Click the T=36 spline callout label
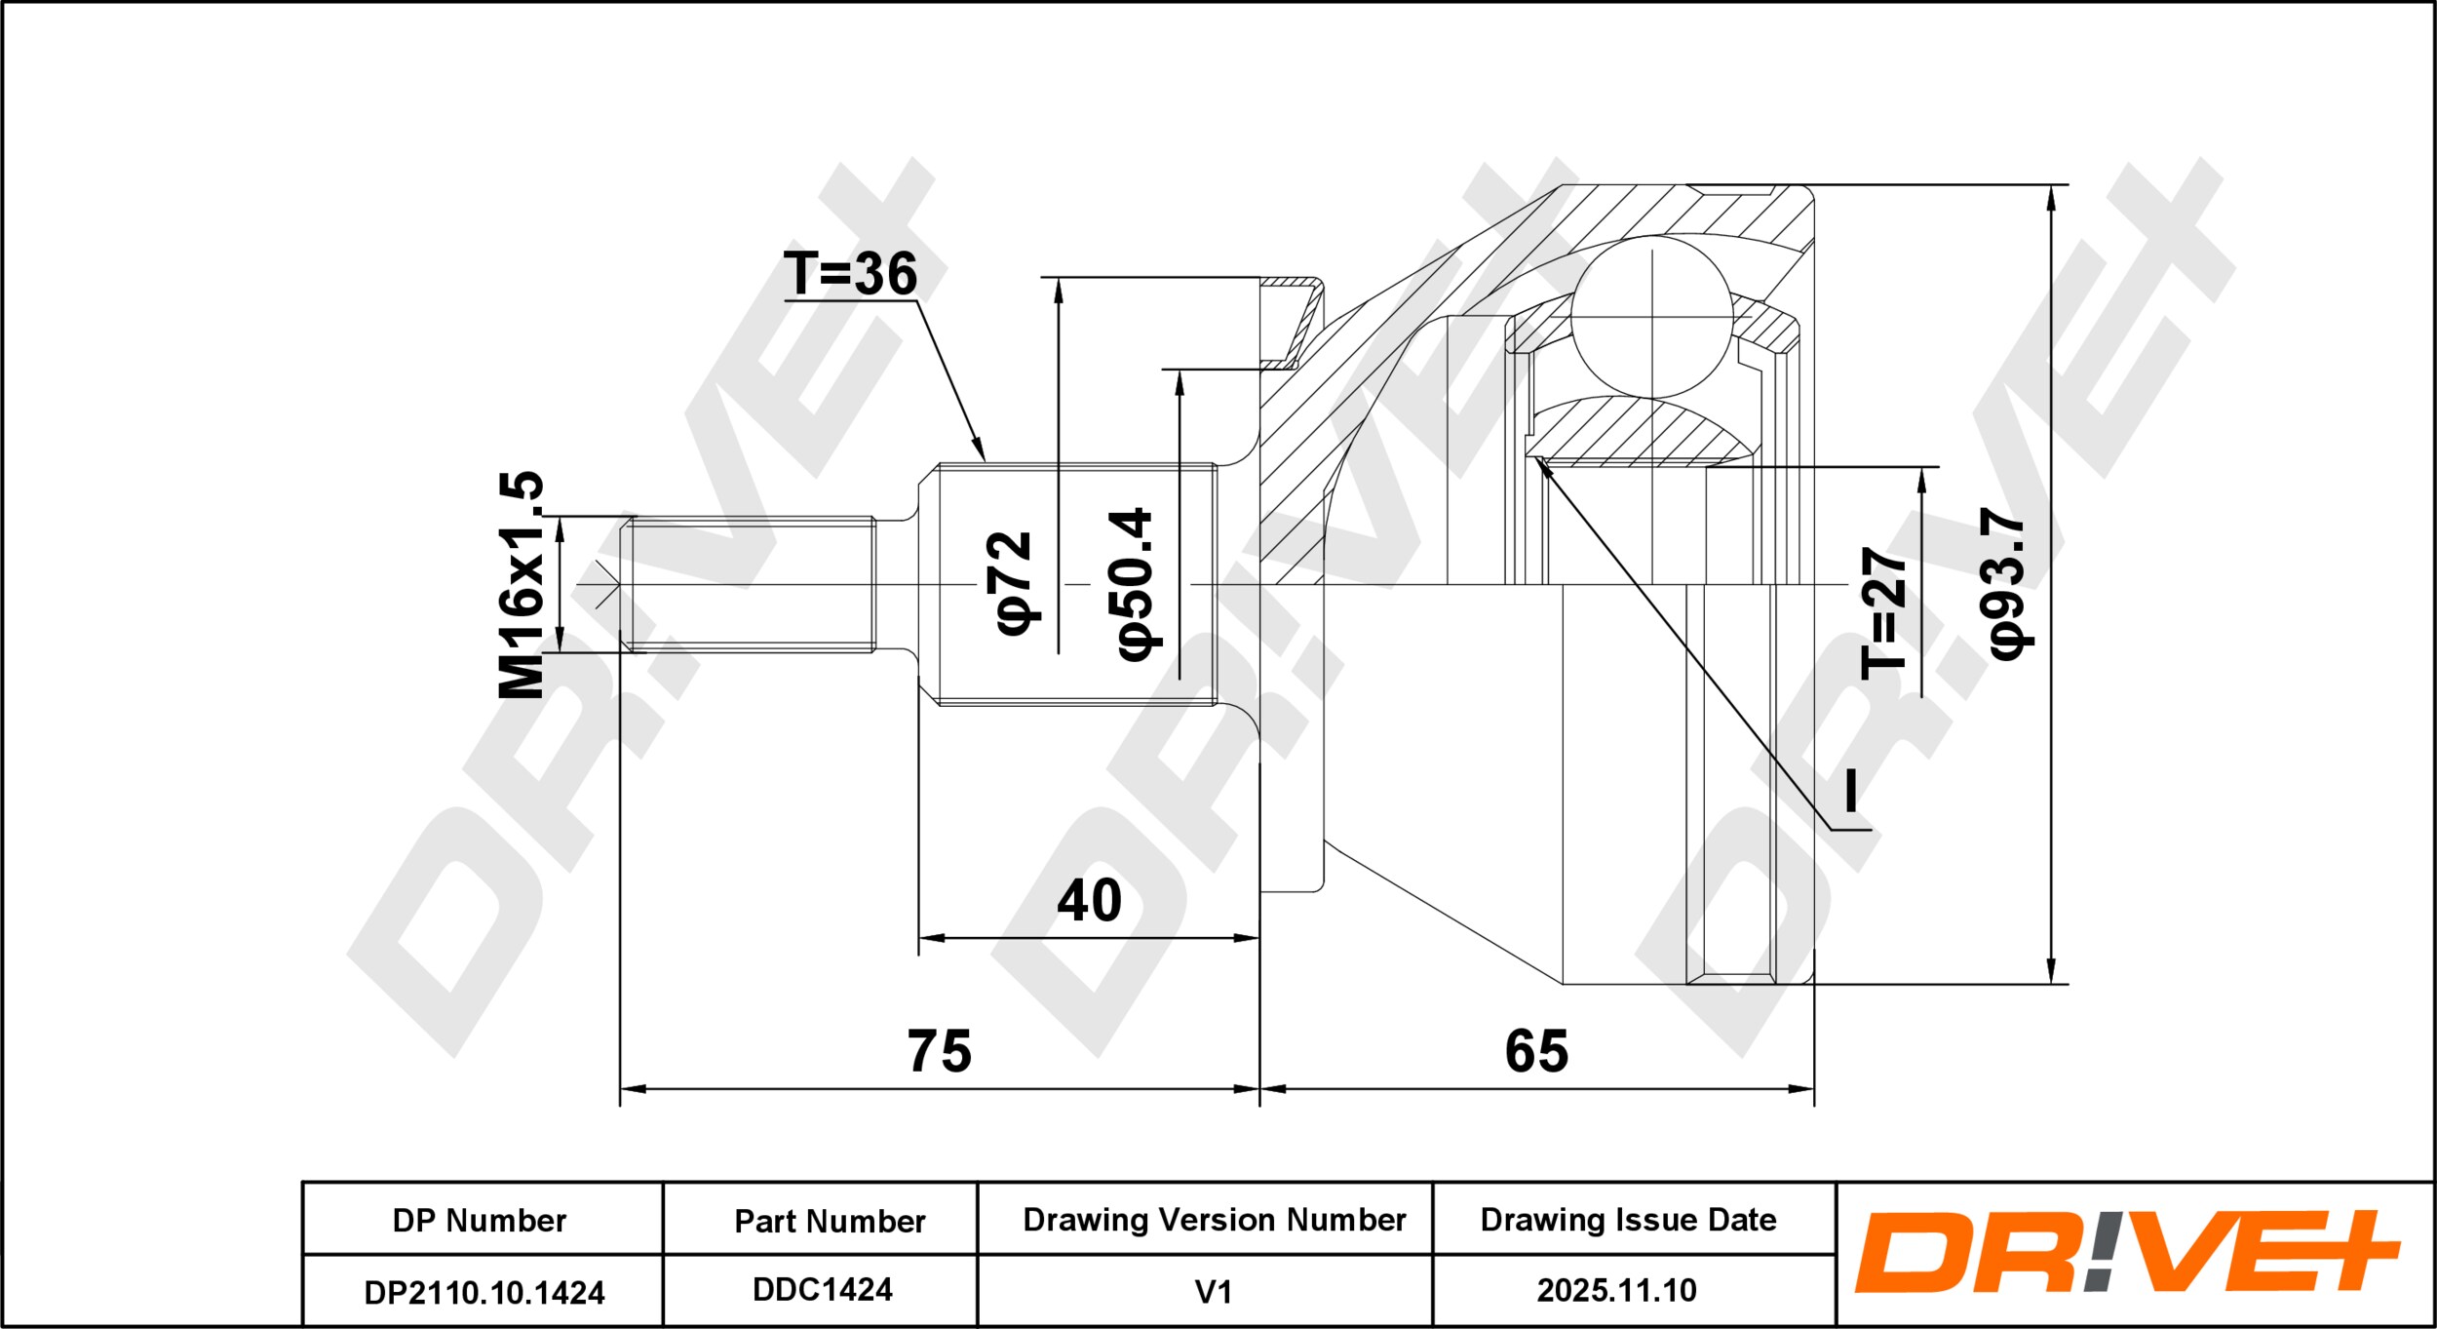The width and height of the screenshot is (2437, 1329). [x=850, y=273]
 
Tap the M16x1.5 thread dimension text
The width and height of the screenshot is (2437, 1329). [x=522, y=585]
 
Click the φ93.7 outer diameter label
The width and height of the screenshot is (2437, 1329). [x=2007, y=584]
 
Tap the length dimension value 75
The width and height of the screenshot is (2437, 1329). [x=940, y=1051]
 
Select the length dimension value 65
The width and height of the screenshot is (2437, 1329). [x=1536, y=1051]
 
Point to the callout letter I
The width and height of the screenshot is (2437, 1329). [x=1850, y=790]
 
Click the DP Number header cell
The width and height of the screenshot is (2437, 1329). [x=480, y=1220]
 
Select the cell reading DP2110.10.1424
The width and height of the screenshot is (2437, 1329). [x=484, y=1293]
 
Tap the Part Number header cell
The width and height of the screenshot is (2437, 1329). [x=830, y=1221]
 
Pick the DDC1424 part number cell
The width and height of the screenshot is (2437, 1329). [x=823, y=1290]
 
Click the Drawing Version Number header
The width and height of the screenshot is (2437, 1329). [x=1215, y=1220]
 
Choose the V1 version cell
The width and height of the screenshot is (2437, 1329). [x=1214, y=1292]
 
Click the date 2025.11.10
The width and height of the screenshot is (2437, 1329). [x=1617, y=1291]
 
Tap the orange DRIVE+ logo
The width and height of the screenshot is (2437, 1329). [x=2126, y=1252]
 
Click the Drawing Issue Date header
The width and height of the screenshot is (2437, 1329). [x=1628, y=1220]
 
